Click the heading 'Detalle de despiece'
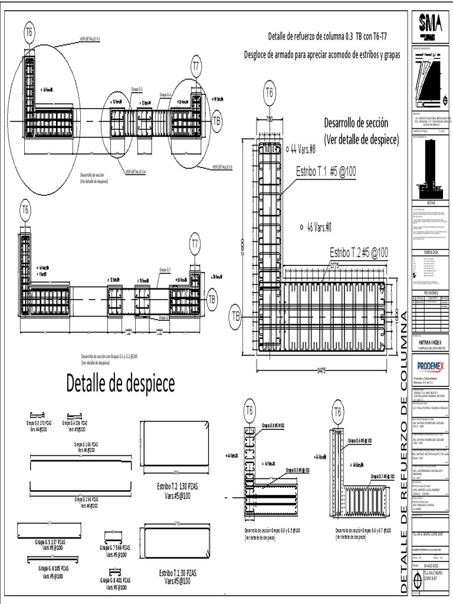(120, 384)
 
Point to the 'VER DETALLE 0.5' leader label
(222, 167)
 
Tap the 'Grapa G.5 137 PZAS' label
(50, 541)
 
